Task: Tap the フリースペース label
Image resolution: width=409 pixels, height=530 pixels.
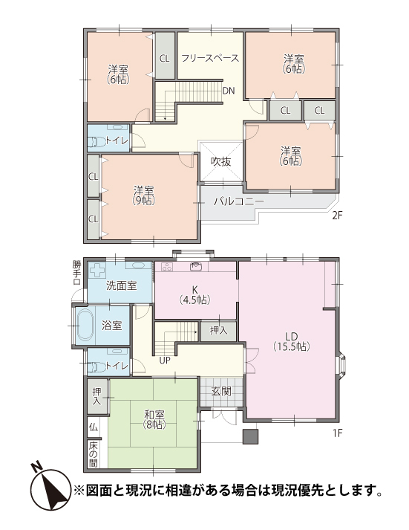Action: click(210, 58)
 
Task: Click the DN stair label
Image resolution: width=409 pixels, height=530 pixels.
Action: click(229, 91)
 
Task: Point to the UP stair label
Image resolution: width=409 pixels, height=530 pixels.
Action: click(165, 361)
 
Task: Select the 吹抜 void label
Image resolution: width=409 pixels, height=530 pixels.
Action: click(220, 161)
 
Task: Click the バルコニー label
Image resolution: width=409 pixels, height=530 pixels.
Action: click(238, 201)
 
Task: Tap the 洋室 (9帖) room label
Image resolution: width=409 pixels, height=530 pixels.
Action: click(144, 195)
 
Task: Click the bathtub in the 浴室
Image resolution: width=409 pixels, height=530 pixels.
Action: click(85, 325)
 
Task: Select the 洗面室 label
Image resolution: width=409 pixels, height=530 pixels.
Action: click(121, 285)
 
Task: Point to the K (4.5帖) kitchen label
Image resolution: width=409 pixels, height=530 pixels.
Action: click(195, 295)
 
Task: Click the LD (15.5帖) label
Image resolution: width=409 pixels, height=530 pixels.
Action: click(291, 341)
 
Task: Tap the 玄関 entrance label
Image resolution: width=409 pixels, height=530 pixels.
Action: click(221, 392)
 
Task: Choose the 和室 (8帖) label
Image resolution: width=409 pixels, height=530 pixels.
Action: click(154, 419)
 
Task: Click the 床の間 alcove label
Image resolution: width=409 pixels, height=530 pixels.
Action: click(93, 454)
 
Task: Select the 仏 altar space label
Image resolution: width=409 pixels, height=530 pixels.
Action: click(93, 427)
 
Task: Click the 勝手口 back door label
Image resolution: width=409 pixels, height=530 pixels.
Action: click(76, 273)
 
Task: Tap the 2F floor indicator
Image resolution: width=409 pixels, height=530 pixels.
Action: click(338, 216)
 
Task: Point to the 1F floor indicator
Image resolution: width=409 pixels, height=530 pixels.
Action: click(338, 433)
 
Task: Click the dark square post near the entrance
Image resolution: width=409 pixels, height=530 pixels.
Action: click(250, 436)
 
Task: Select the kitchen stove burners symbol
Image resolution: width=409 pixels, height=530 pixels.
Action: click(167, 267)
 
